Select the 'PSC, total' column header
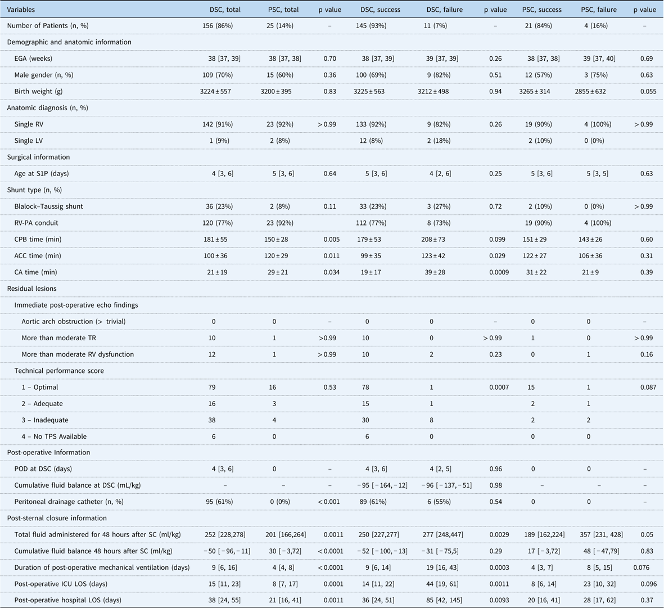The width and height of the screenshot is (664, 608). click(283, 10)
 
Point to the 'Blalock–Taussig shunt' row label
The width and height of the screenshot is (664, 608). click(49, 206)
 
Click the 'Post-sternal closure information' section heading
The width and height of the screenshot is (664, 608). click(57, 518)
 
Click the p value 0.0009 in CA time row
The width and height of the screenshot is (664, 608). click(495, 272)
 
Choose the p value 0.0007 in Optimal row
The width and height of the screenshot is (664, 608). click(495, 387)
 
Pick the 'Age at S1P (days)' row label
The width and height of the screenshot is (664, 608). click(42, 174)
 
